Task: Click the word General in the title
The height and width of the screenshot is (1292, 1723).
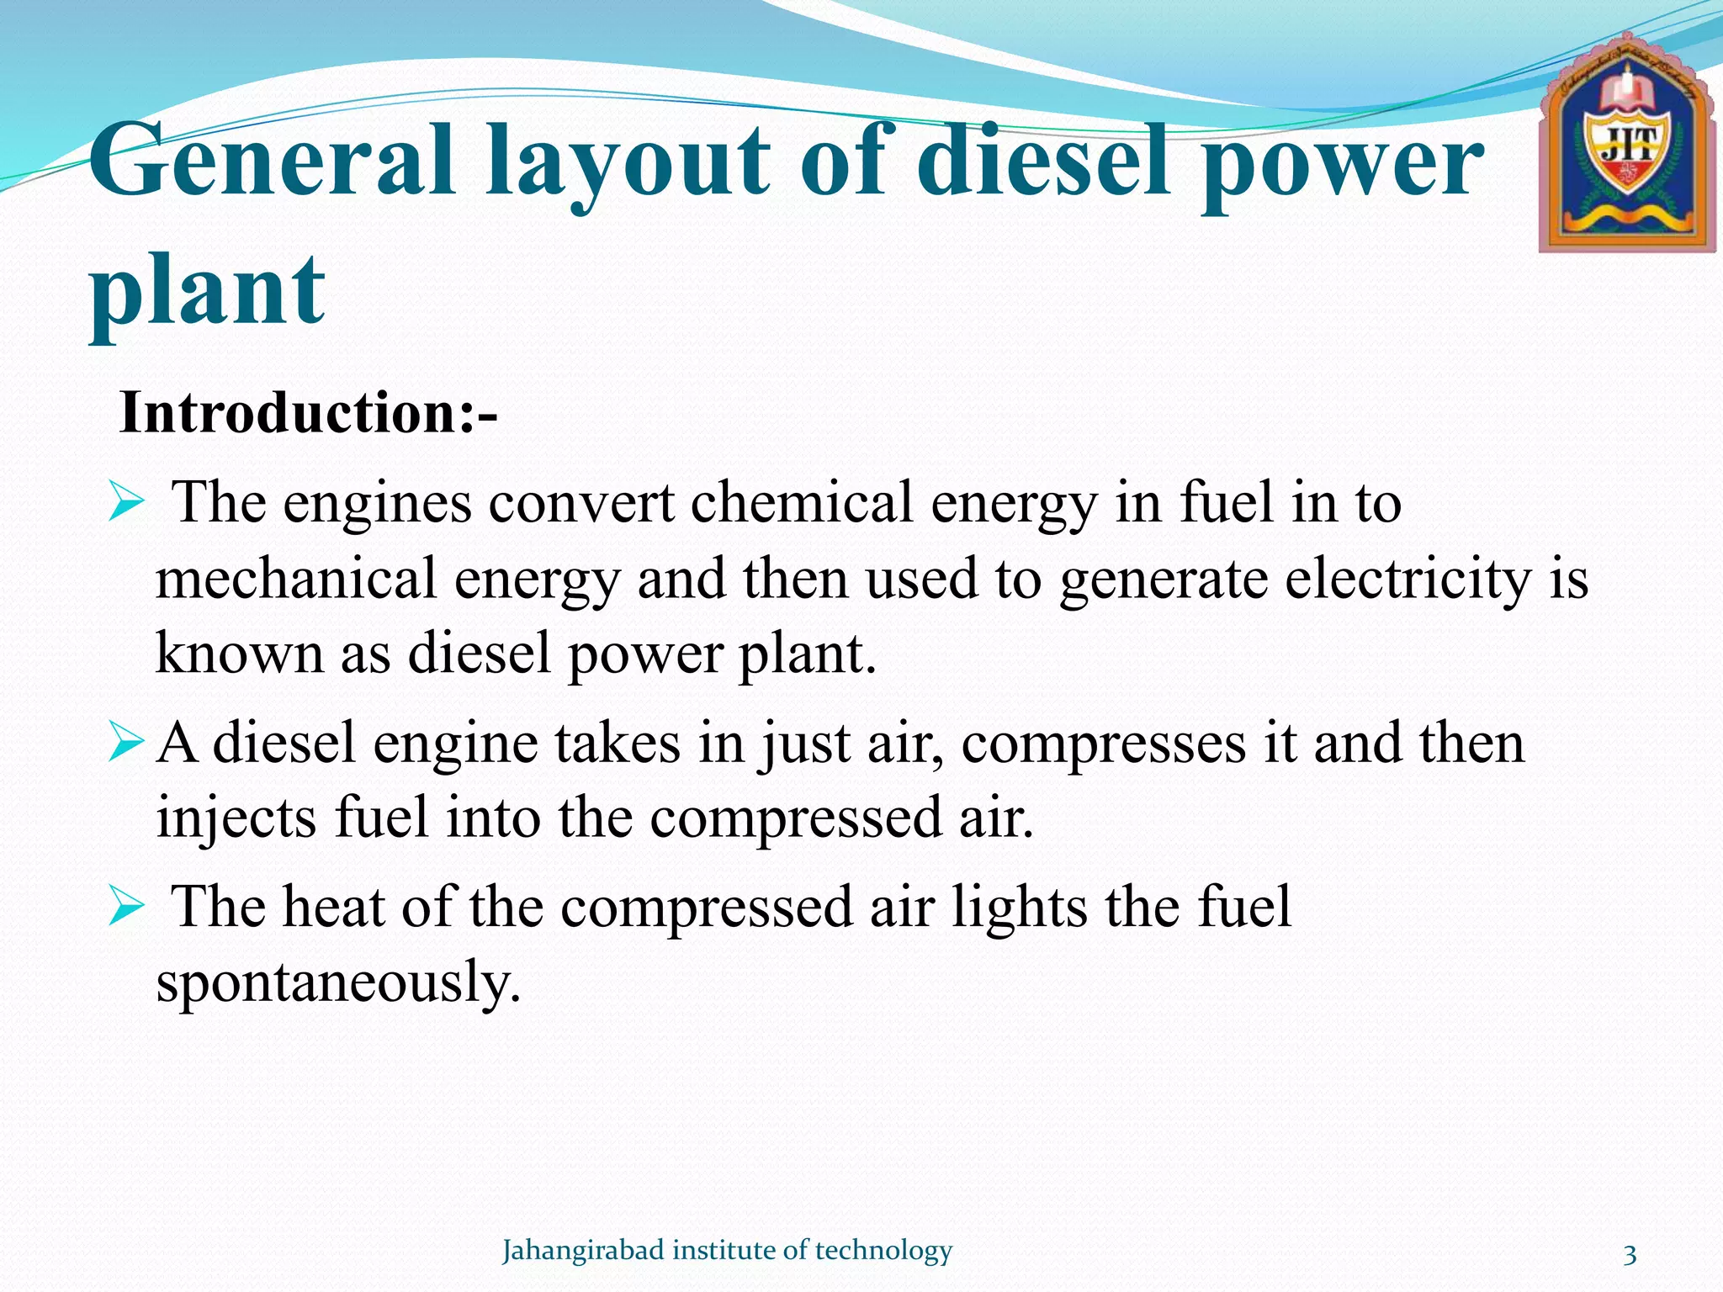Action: pyautogui.click(x=271, y=161)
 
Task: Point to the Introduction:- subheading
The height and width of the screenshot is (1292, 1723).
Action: pyautogui.click(x=309, y=414)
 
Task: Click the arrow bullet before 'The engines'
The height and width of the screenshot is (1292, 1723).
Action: pyautogui.click(x=128, y=506)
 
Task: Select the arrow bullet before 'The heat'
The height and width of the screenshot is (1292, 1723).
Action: pyautogui.click(x=128, y=909)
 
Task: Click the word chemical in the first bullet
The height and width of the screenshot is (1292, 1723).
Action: pyautogui.click(x=802, y=503)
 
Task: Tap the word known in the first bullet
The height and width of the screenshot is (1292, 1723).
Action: pyautogui.click(x=239, y=653)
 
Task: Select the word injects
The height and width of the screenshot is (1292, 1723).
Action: pyautogui.click(x=236, y=818)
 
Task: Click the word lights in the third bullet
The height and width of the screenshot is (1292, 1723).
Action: pyautogui.click(x=1019, y=908)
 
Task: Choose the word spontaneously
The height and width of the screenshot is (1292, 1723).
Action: pyautogui.click(x=338, y=982)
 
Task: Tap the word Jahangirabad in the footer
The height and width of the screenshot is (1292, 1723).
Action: pyautogui.click(x=583, y=1251)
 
